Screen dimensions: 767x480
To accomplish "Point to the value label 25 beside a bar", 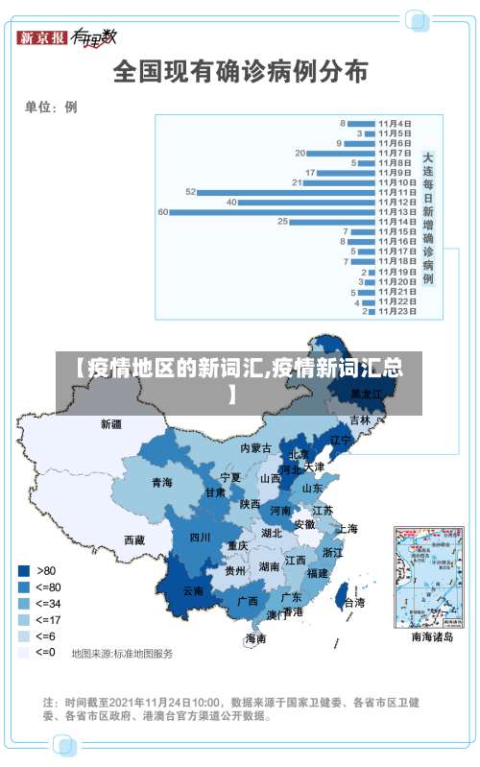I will (282, 222).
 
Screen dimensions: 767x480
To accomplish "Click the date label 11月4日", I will (395, 123).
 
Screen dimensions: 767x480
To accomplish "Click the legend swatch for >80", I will (22, 570).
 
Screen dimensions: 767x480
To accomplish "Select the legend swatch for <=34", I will (22, 603).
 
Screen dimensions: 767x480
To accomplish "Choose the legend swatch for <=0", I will (22, 652).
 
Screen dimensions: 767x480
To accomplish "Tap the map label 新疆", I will (111, 423).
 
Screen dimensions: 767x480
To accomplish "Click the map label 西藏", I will (134, 540).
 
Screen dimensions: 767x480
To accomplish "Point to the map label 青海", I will (161, 482).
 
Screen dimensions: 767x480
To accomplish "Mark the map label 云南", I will (193, 591).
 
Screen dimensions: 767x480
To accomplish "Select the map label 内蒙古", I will (255, 448).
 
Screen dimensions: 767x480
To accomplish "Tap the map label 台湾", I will (353, 603).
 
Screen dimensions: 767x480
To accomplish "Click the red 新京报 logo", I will (42, 37).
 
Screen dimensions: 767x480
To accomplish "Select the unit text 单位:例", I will (51, 108).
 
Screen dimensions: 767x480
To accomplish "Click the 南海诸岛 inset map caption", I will (431, 636).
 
